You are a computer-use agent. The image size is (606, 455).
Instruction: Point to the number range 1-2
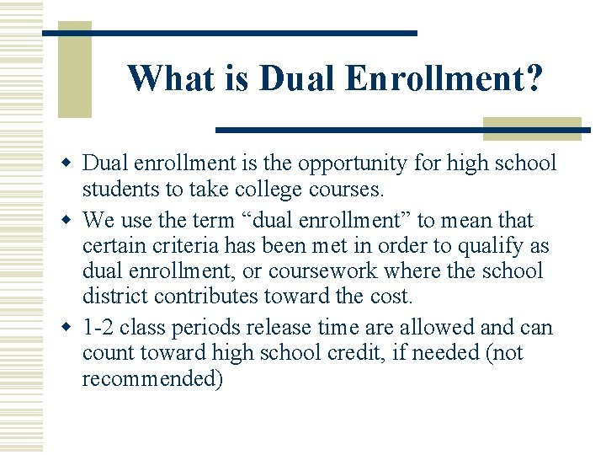tap(97, 327)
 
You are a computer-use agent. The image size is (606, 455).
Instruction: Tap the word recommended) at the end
tap(152, 378)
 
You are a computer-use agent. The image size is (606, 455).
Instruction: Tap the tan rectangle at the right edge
tap(532, 128)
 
